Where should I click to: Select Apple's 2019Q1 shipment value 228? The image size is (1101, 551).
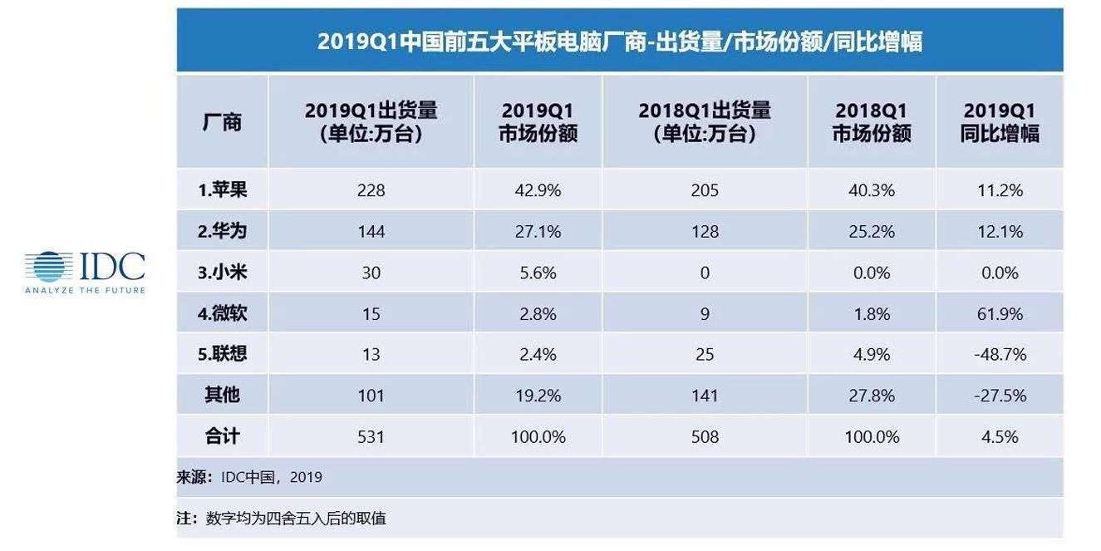(x=371, y=190)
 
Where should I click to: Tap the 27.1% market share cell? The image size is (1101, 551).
(x=538, y=231)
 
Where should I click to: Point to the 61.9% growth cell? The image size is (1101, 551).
(x=1000, y=314)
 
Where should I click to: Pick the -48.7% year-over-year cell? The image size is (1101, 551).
(x=1000, y=355)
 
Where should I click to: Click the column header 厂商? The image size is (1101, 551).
(x=222, y=122)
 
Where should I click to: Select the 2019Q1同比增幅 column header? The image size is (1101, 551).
(x=1000, y=122)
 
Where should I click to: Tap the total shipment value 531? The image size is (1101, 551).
(x=371, y=436)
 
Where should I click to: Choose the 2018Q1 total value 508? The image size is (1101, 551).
(x=705, y=436)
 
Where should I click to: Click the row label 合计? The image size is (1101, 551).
(x=222, y=436)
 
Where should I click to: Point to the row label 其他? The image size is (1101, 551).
(x=222, y=396)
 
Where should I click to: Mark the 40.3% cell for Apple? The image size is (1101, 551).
(x=872, y=190)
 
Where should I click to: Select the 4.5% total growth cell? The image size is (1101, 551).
(x=1000, y=436)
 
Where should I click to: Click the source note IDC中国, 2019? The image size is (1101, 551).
(x=249, y=478)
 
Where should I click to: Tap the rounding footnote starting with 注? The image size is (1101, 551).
(x=282, y=519)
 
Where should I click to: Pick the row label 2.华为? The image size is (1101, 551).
(x=222, y=231)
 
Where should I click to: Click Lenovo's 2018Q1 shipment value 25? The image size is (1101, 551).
(x=705, y=355)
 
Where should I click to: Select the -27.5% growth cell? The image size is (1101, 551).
(x=1000, y=396)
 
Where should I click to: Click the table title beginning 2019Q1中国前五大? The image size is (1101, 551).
(x=619, y=42)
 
